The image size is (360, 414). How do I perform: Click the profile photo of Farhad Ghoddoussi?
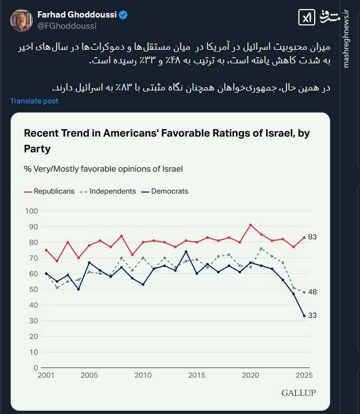tap(21, 20)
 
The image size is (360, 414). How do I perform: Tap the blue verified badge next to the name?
tap(123, 15)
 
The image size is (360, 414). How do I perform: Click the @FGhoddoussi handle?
tap(67, 26)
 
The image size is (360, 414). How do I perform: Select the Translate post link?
tap(34, 101)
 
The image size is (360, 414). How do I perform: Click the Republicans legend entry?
tap(49, 191)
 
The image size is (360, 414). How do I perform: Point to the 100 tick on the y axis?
tap(32, 211)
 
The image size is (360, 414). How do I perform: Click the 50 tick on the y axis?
tap(33, 290)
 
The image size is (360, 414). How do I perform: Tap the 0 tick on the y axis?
tap(35, 368)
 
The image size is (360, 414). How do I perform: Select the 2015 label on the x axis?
tap(196, 376)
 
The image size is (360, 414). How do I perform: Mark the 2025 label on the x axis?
tap(304, 376)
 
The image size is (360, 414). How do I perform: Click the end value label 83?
tap(312, 238)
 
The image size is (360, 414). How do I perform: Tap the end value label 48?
tap(312, 292)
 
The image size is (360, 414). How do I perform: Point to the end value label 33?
tap(312, 316)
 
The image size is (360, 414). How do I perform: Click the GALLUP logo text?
tap(298, 393)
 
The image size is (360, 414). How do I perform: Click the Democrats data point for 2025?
tap(305, 316)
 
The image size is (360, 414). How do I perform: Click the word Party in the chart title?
tap(37, 149)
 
